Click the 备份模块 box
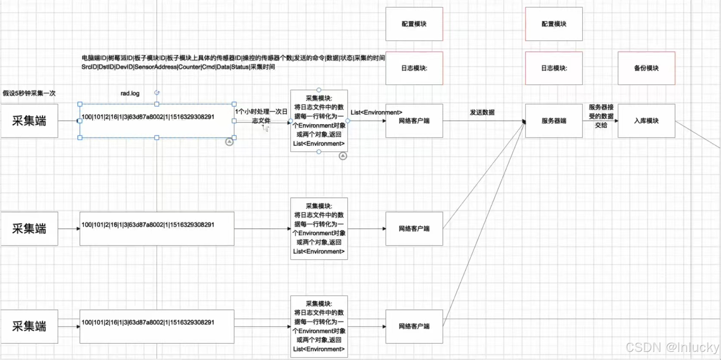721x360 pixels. (x=646, y=68)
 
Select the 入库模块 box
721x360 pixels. (x=646, y=121)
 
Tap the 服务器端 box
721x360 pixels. (x=553, y=121)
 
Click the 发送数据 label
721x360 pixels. (x=482, y=112)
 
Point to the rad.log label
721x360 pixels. (x=130, y=93)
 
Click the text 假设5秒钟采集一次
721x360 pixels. (x=29, y=93)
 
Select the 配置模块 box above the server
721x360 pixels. (x=553, y=24)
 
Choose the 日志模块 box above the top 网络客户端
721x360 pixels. (x=414, y=68)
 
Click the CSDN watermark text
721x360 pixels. (x=672, y=347)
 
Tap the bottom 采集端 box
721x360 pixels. (x=29, y=327)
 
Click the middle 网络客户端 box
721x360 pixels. (x=414, y=229)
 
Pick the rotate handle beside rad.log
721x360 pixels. (x=157, y=93)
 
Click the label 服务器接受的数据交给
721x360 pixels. (x=601, y=116)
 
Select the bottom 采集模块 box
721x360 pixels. (x=319, y=327)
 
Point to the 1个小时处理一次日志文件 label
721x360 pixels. (x=261, y=116)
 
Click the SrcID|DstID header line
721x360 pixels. (x=178, y=67)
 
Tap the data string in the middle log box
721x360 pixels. (x=148, y=225)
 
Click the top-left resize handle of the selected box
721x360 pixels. (x=80, y=104)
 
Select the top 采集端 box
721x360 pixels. (x=29, y=121)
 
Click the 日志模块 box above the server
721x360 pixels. (x=553, y=68)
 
